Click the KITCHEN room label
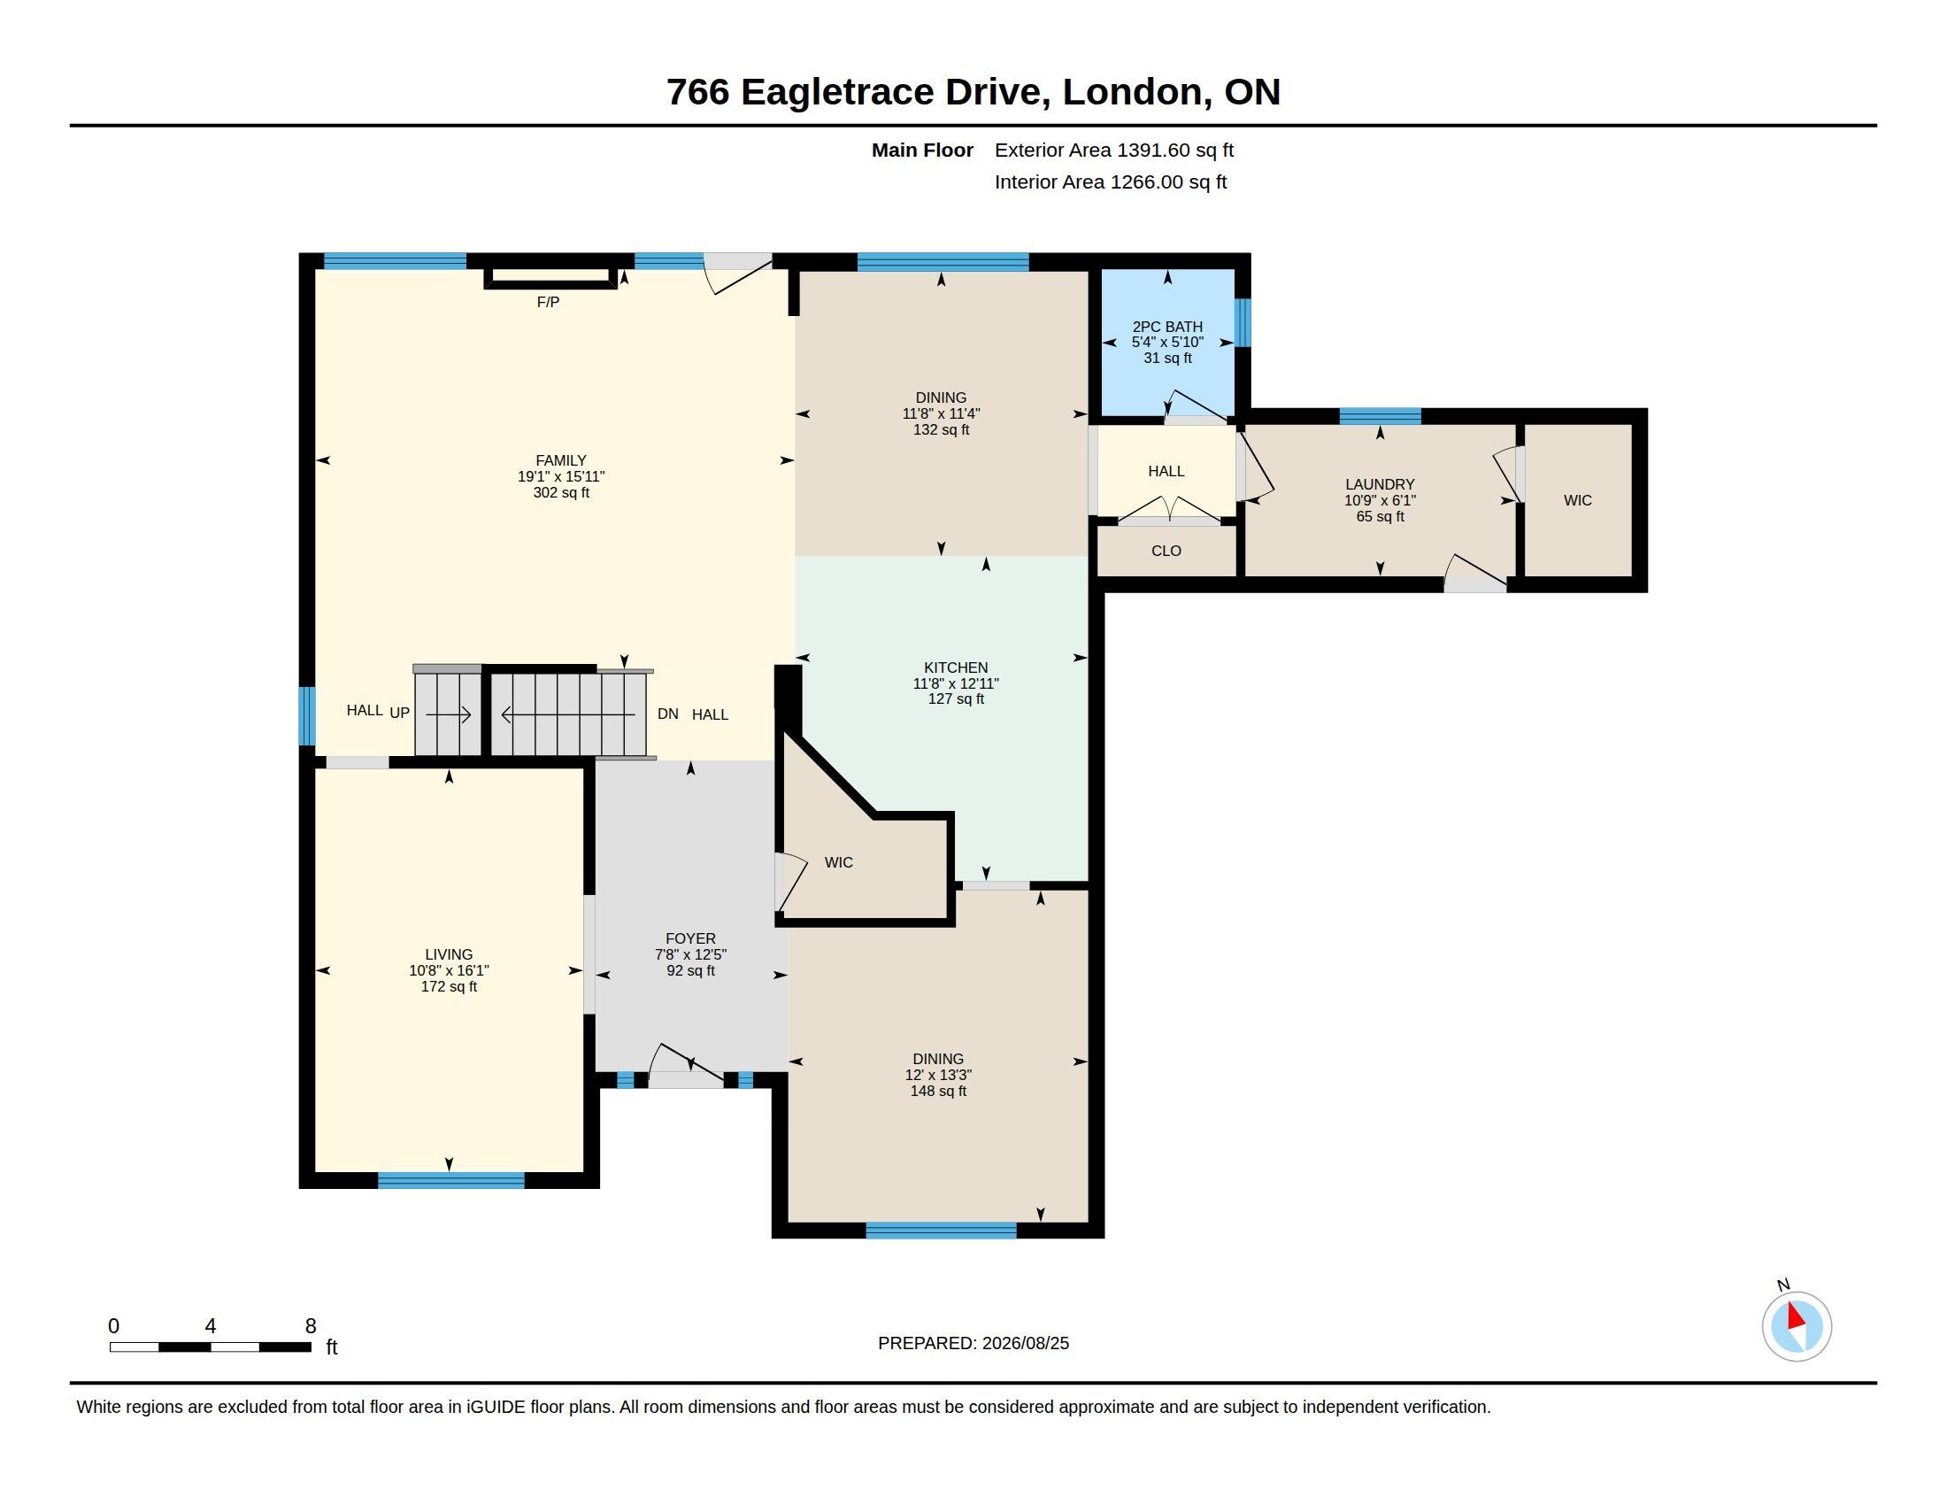pos(956,668)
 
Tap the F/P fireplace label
pos(549,302)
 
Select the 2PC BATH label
pos(1167,328)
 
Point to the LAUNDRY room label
pos(1379,485)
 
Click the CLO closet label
pos(1166,551)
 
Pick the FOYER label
pos(690,938)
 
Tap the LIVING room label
pos(449,955)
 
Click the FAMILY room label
pos(561,461)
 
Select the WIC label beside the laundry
pos(1577,501)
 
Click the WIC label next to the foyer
pos(838,863)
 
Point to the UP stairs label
pos(399,714)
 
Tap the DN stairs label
pos(667,714)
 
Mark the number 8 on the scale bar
pos(311,1326)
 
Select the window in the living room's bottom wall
pos(451,1180)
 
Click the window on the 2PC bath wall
pos(1243,322)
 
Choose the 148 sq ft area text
pos(938,1092)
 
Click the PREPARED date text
pos(973,1344)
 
